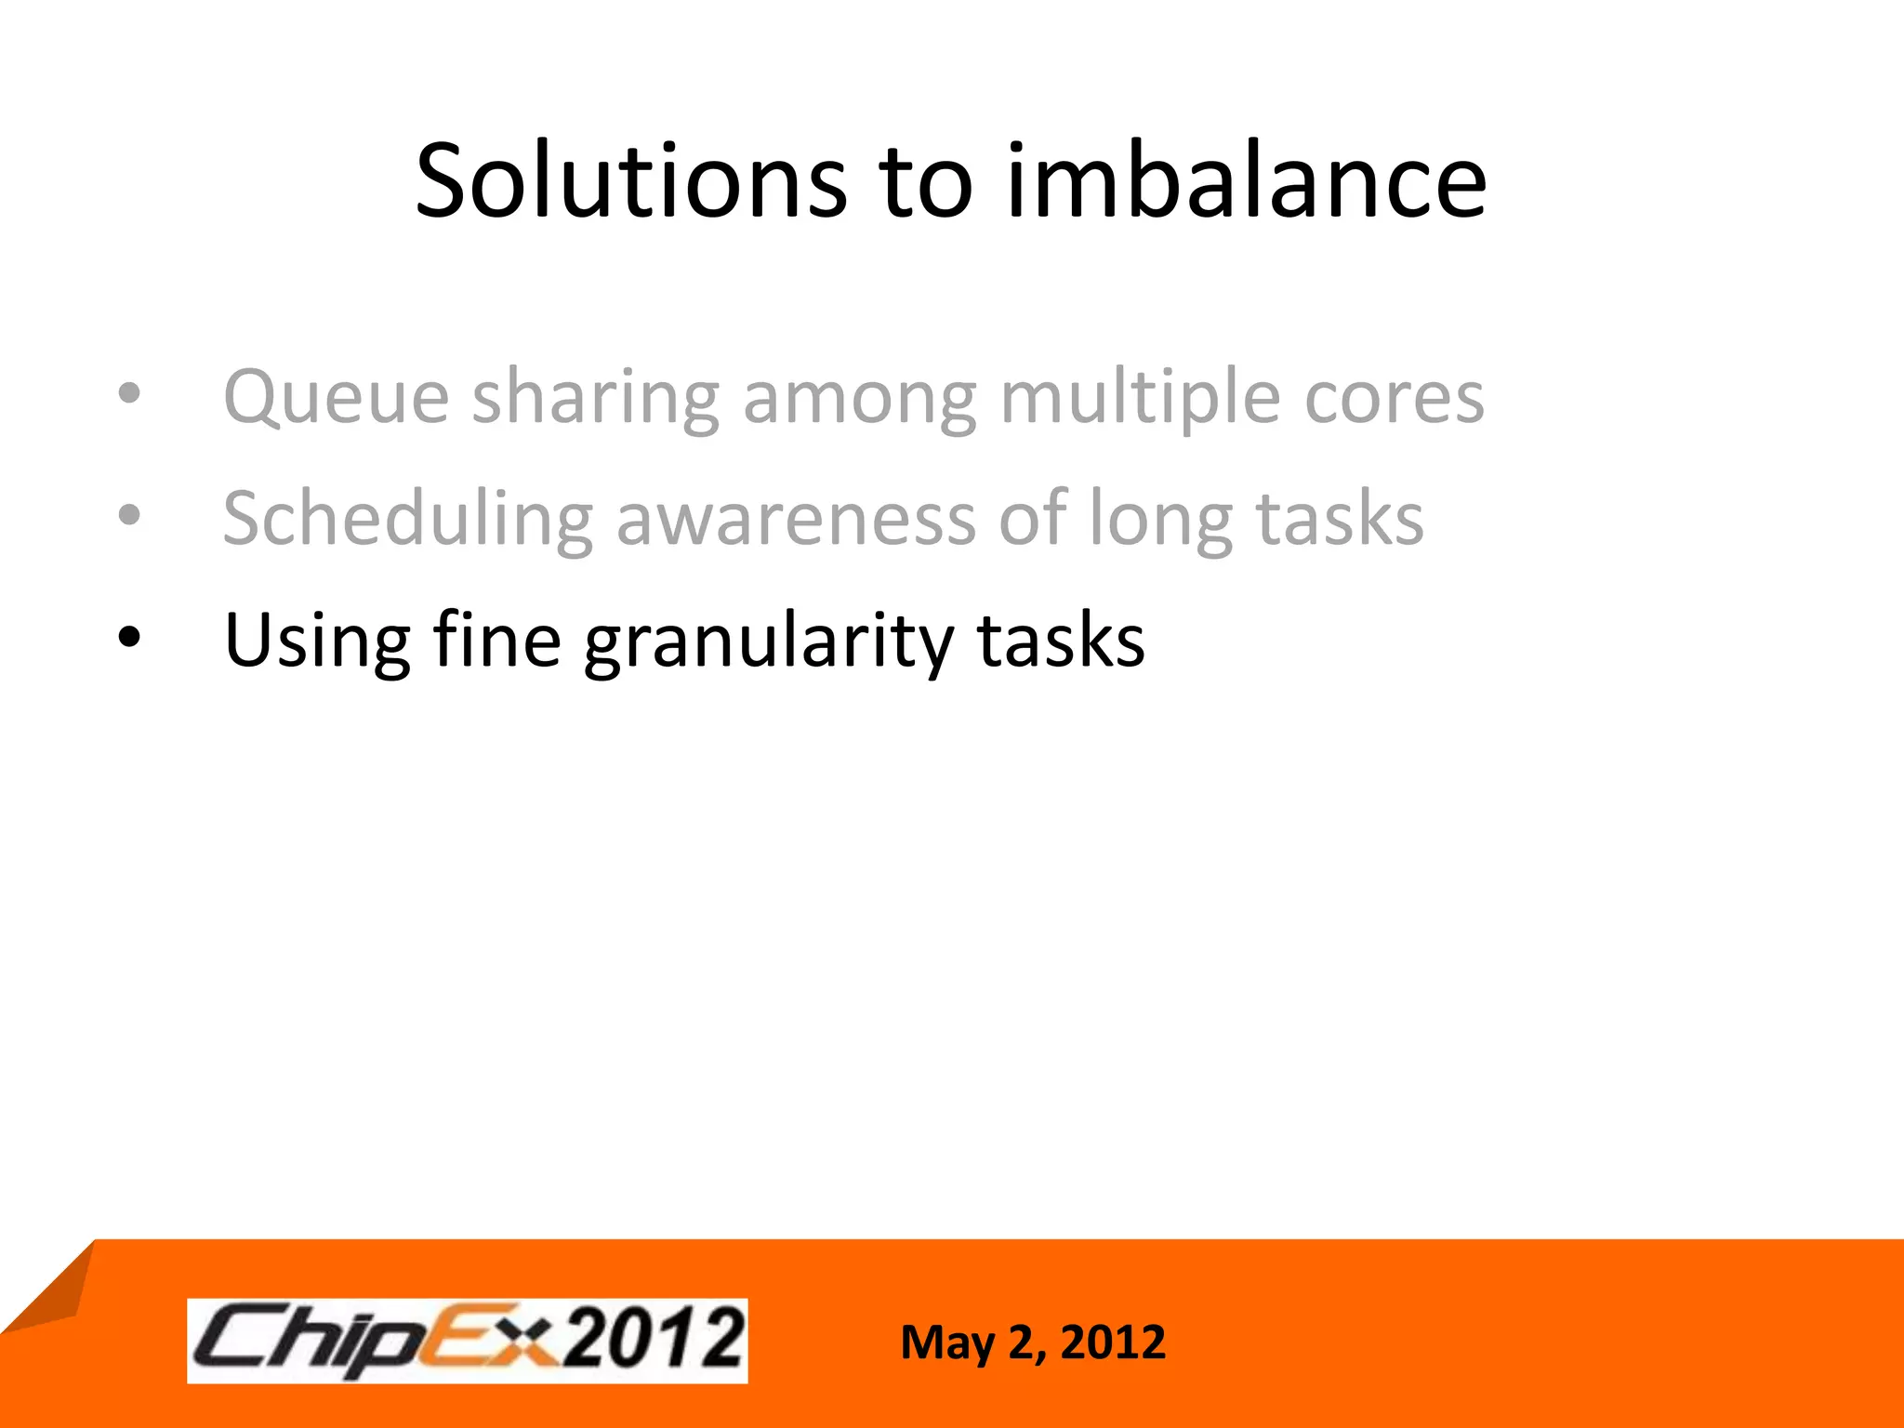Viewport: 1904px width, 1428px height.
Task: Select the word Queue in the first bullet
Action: [337, 398]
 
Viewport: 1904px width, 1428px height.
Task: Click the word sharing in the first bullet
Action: [596, 398]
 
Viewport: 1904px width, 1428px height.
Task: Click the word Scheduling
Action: [408, 520]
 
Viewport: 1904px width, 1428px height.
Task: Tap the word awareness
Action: [796, 520]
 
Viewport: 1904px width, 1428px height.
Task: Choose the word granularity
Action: [769, 641]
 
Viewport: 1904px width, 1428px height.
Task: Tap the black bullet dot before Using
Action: [129, 638]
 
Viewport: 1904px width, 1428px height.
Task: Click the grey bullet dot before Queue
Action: [129, 393]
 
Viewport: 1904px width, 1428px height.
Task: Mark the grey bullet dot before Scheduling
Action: [129, 515]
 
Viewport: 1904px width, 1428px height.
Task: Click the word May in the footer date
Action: [946, 1343]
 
